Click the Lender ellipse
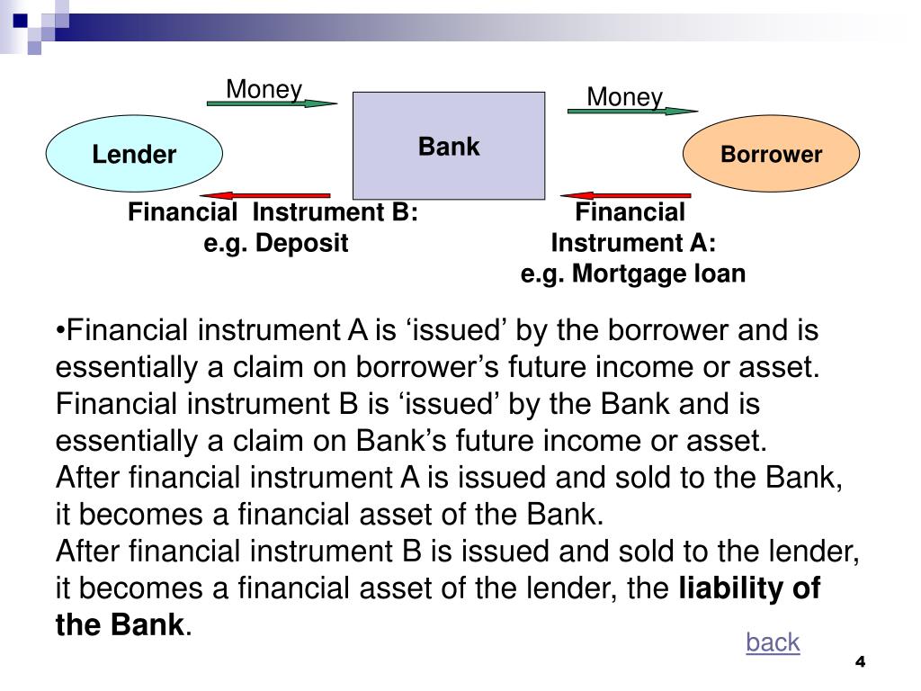134,154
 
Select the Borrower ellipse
771,154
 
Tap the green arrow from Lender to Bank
271,103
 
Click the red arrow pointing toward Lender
265,195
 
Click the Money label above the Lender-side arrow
264,89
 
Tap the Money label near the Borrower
624,96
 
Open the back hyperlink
772,642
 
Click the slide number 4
860,662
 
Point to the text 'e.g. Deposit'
275,243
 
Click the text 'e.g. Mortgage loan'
633,274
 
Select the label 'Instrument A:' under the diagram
633,243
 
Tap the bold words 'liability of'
748,588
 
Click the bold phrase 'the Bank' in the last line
120,624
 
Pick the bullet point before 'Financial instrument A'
59,331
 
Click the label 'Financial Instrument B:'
273,213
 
